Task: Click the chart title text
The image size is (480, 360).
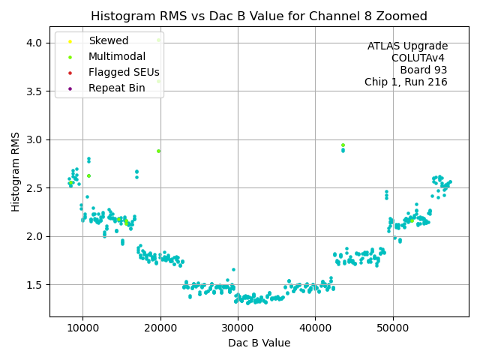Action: tap(259, 16)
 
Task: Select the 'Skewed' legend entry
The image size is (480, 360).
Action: tap(108, 40)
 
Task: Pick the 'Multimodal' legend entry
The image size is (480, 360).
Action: tap(116, 56)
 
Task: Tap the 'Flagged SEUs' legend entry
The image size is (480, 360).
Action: tap(124, 73)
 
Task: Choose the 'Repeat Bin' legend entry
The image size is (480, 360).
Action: tap(116, 88)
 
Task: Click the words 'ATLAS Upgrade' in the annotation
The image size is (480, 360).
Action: tap(407, 46)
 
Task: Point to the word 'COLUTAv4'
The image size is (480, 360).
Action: tap(419, 58)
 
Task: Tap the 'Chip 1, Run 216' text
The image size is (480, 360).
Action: tap(406, 82)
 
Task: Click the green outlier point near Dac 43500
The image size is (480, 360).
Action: tap(343, 145)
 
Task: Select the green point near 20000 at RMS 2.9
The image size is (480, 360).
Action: tap(158, 151)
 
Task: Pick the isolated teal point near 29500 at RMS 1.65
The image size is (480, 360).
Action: tap(233, 269)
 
